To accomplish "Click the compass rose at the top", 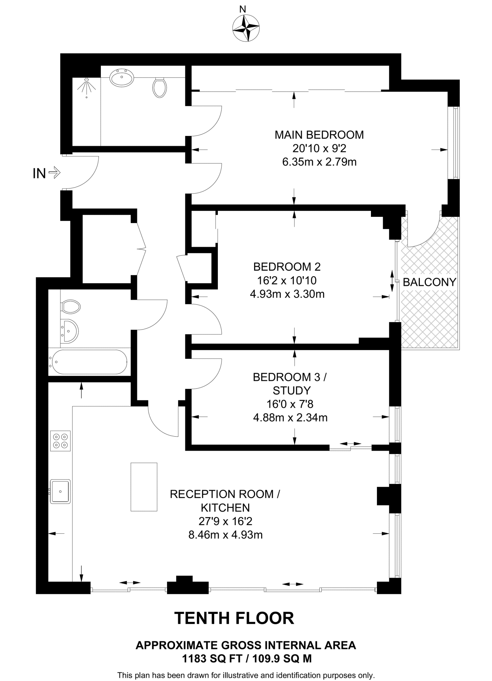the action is point(246,29).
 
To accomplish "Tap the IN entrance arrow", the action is point(54,173).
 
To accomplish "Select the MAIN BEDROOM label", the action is point(319,135).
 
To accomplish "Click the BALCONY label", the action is point(429,282).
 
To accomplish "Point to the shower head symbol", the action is point(86,86).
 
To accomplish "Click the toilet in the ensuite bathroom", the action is point(160,87).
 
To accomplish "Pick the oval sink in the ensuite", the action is point(122,78).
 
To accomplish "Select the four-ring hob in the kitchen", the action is point(61,441).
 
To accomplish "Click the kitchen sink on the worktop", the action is point(60,491).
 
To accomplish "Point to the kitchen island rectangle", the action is point(144,487).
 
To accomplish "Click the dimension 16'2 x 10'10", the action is point(287,281).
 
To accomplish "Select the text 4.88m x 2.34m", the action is point(290,417).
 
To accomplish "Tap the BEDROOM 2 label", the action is point(287,267).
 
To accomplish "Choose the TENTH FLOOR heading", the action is point(234,618).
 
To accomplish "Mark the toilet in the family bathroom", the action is point(71,307).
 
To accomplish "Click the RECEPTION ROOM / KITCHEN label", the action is point(225,501).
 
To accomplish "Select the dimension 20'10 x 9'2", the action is point(319,148).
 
